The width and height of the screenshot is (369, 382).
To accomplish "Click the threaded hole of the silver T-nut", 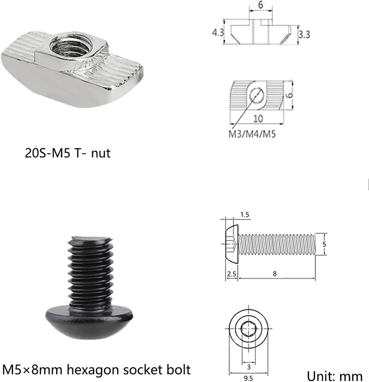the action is (x=71, y=45).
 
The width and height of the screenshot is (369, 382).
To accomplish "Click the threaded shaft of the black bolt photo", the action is (x=90, y=272).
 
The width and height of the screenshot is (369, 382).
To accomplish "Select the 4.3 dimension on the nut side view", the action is (x=218, y=32).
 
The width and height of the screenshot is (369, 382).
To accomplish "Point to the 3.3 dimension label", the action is (x=304, y=34).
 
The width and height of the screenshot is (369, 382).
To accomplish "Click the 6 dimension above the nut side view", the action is (x=260, y=5).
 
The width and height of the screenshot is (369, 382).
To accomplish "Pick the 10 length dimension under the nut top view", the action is (x=258, y=118).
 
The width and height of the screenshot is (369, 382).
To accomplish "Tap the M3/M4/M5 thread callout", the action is (x=252, y=134).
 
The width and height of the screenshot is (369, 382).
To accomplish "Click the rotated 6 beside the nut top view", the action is (x=289, y=95).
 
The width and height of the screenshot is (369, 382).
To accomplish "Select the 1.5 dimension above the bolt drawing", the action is (x=245, y=214).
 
